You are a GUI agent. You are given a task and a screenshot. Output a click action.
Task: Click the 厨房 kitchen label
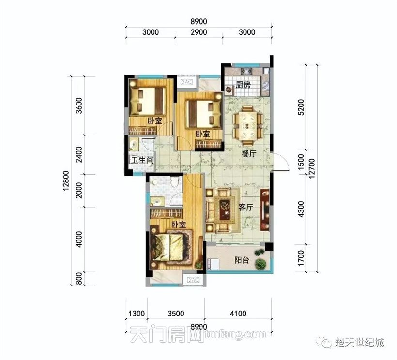tap(244, 85)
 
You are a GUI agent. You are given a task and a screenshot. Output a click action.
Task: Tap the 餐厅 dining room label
tap(249, 153)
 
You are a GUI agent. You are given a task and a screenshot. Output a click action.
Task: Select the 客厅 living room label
tap(245, 208)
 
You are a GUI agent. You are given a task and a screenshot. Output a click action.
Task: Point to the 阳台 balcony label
tap(242, 260)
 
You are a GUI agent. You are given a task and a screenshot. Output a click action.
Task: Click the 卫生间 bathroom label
tap(142, 160)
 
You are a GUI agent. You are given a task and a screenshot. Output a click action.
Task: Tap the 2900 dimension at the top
tap(199, 32)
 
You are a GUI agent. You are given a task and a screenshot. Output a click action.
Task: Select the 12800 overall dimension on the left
tap(66, 180)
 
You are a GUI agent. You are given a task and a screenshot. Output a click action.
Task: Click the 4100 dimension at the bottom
tap(238, 314)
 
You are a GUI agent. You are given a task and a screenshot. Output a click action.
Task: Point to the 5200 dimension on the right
tap(301, 107)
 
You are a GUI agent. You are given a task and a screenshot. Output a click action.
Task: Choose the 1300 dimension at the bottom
tap(137, 314)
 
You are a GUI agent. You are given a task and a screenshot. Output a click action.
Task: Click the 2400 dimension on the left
tap(79, 154)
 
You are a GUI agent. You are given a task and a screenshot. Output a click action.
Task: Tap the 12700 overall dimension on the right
tap(312, 168)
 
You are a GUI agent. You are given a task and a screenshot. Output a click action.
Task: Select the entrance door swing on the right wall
tap(280, 162)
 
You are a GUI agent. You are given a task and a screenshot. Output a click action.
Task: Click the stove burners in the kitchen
tap(246, 71)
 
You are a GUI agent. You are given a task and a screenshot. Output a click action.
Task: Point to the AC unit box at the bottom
tap(193, 279)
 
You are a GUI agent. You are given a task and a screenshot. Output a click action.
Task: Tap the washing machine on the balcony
tap(213, 264)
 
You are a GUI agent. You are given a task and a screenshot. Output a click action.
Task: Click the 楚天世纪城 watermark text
tap(360, 342)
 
